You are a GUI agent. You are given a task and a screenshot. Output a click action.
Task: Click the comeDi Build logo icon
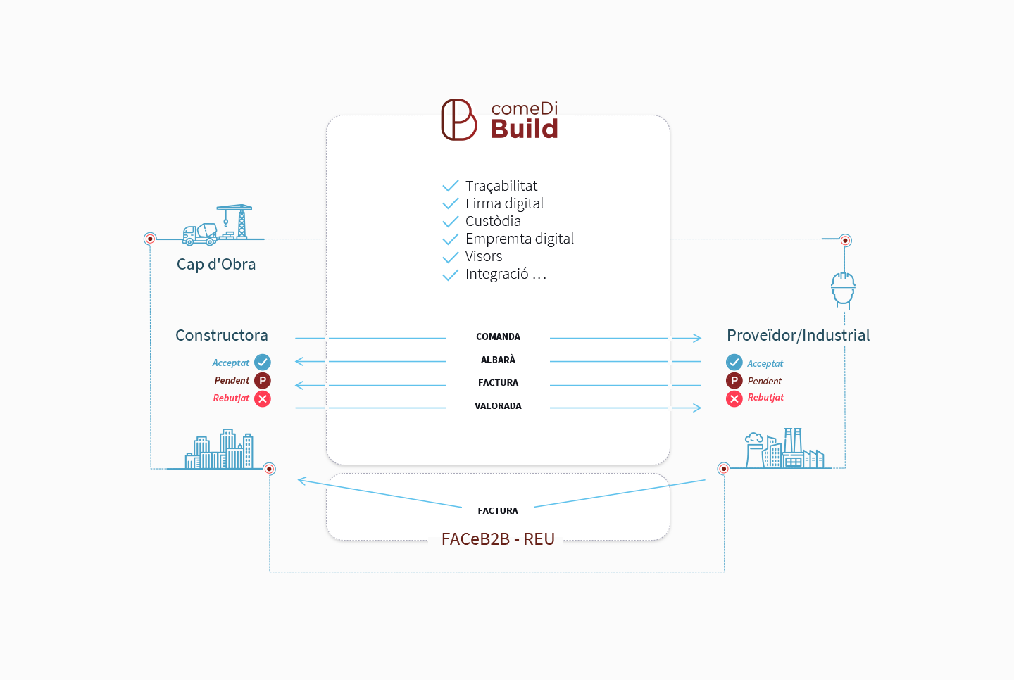pos(458,120)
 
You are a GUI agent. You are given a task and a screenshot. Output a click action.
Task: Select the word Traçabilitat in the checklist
pos(501,186)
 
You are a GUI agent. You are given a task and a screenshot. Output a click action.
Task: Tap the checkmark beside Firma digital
pos(451,203)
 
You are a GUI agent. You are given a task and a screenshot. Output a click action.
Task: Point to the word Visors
pos(484,256)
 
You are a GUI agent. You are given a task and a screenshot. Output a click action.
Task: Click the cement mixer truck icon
pos(200,234)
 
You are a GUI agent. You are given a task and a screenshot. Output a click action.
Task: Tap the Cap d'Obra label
pos(216,264)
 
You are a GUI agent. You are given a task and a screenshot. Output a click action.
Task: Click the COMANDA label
pos(498,336)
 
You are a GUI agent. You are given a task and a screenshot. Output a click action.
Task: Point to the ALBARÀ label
pos(498,360)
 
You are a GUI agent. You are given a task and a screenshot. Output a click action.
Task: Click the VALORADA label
pos(498,406)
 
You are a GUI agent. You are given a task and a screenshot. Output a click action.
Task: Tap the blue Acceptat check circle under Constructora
pos(263,363)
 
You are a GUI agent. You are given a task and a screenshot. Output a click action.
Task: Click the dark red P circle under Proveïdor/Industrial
pos(734,381)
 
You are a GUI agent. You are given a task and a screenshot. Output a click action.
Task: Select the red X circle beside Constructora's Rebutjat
pos(263,399)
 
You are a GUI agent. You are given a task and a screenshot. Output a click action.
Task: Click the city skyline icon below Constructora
pos(219,449)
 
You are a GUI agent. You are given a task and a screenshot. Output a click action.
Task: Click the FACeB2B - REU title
pos(498,539)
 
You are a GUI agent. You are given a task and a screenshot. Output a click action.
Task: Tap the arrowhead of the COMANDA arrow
pos(697,338)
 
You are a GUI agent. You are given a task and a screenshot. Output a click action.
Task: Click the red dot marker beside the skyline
pos(269,469)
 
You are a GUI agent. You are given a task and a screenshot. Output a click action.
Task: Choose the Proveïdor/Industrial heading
pos(798,335)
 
